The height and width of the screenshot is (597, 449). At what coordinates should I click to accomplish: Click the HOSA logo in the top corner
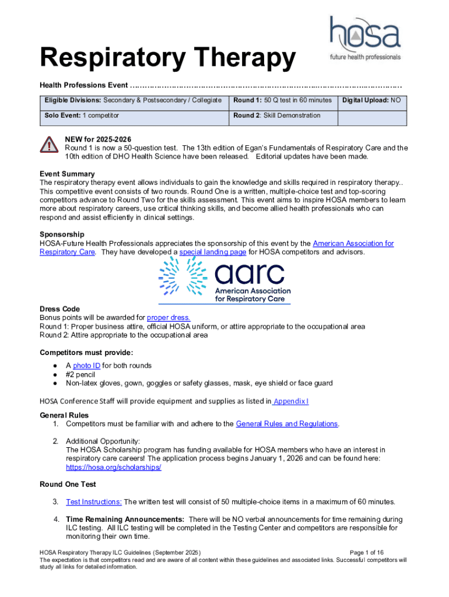(x=365, y=38)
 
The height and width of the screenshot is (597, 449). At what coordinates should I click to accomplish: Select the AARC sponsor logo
(x=224, y=280)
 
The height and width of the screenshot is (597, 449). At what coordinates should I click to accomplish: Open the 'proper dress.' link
(x=169, y=318)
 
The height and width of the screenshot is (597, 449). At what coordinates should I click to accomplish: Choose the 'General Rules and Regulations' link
(x=287, y=424)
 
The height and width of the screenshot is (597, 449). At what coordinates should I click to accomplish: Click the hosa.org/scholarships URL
(x=113, y=468)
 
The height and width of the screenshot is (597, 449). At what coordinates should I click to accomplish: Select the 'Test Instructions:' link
(x=94, y=501)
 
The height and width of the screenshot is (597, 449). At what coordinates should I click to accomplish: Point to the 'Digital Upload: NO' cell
(x=371, y=101)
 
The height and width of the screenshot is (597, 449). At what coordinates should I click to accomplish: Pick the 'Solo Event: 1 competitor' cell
(x=82, y=116)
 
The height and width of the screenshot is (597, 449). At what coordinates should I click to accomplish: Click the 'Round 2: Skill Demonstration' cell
(x=276, y=116)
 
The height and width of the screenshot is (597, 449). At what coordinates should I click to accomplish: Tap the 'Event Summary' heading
(x=67, y=174)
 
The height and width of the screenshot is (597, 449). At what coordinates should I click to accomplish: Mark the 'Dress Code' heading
(x=59, y=309)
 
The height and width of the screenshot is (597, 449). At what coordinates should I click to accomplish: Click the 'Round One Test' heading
(x=68, y=484)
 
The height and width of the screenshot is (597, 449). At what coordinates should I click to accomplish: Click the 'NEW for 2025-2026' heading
(x=98, y=139)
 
